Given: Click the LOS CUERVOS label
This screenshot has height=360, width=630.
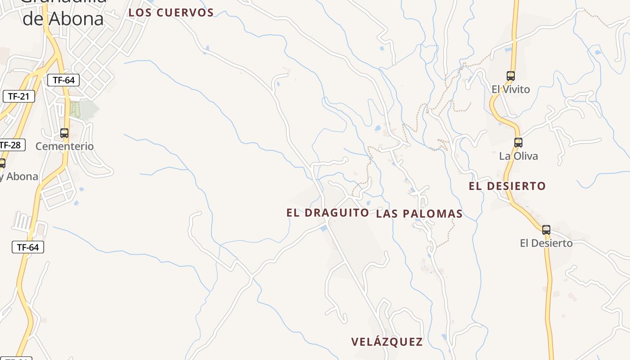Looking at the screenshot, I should [171, 13].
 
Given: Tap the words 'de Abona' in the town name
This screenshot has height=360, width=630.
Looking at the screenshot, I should [63, 19].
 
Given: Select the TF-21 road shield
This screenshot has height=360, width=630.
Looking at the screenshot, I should [18, 96].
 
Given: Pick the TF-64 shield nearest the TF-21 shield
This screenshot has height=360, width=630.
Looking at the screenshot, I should [63, 81].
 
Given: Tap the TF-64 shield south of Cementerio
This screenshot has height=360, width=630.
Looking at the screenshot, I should [28, 247].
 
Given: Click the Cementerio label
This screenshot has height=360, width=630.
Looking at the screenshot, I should [64, 146].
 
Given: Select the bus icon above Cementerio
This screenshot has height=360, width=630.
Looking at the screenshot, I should [64, 133].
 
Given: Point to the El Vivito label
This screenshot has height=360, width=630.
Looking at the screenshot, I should [511, 89].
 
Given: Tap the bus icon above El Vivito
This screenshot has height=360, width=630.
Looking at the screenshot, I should [510, 76].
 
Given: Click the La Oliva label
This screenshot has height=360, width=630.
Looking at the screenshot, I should [518, 156].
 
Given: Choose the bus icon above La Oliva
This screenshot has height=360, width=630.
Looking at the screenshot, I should [518, 143].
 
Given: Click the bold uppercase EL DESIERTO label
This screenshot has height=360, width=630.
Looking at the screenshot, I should [507, 186].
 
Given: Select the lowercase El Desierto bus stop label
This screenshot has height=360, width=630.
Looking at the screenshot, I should [546, 243].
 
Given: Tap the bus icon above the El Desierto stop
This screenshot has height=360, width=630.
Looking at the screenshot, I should [546, 229].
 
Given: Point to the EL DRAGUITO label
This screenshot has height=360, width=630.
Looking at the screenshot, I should [328, 212].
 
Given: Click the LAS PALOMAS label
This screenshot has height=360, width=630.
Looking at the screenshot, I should [419, 214].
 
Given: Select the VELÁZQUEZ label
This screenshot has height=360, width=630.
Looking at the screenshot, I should [387, 342].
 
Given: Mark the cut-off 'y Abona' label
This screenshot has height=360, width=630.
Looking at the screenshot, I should [19, 176].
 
